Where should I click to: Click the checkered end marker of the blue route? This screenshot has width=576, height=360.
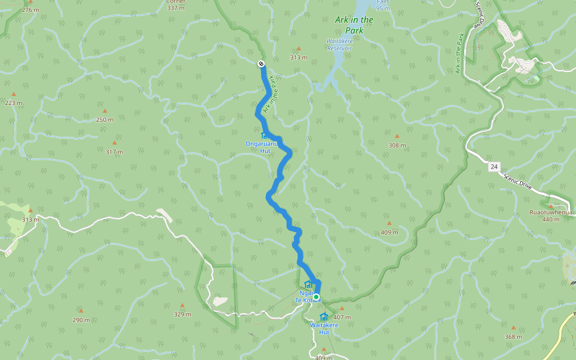point(261,64)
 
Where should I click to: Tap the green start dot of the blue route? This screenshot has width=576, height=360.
point(316,296)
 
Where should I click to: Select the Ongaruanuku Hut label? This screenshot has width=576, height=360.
point(265,147)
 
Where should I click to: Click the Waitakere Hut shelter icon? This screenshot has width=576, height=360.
point(324,317)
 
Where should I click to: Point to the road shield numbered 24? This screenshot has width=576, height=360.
point(493,167)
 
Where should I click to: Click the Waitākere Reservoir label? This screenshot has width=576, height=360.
point(339,44)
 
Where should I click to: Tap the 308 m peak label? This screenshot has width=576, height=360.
point(397,145)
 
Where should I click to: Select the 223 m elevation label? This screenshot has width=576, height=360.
point(13,103)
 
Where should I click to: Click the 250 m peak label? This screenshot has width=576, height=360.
point(104,119)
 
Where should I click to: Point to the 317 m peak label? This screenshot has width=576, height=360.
point(114,152)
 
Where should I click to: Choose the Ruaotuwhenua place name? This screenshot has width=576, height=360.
point(551,212)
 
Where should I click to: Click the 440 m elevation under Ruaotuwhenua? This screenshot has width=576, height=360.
point(551,220)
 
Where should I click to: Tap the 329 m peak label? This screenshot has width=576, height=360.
point(182,314)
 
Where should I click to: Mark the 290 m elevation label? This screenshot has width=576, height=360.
point(81,320)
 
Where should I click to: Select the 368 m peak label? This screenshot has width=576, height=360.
point(513,337)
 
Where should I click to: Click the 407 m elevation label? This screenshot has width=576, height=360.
point(342,317)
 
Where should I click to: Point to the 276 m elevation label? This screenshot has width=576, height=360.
point(30,10)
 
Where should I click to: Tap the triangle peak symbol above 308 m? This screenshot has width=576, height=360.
point(397,136)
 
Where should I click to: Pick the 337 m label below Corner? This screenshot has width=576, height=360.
point(176,8)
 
